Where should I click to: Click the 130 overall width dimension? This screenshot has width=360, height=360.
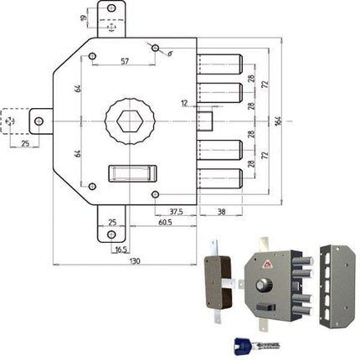pyautogui.click(x=135, y=261)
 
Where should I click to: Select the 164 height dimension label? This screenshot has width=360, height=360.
pyautogui.click(x=278, y=121)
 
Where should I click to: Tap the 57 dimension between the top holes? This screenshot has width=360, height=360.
pyautogui.click(x=125, y=61)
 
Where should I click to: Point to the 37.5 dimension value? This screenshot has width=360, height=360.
pyautogui.click(x=176, y=212)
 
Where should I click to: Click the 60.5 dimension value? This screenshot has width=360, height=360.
pyautogui.click(x=165, y=223)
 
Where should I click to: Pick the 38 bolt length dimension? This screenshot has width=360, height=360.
pyautogui.click(x=221, y=212)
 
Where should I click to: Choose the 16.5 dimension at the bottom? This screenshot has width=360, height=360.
pyautogui.click(x=121, y=249)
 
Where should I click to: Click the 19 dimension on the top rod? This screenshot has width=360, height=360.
pyautogui.click(x=84, y=18)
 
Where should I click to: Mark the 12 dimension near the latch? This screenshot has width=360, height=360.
pyautogui.click(x=184, y=103)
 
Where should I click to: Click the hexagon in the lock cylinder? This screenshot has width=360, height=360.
pyautogui.click(x=130, y=121)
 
